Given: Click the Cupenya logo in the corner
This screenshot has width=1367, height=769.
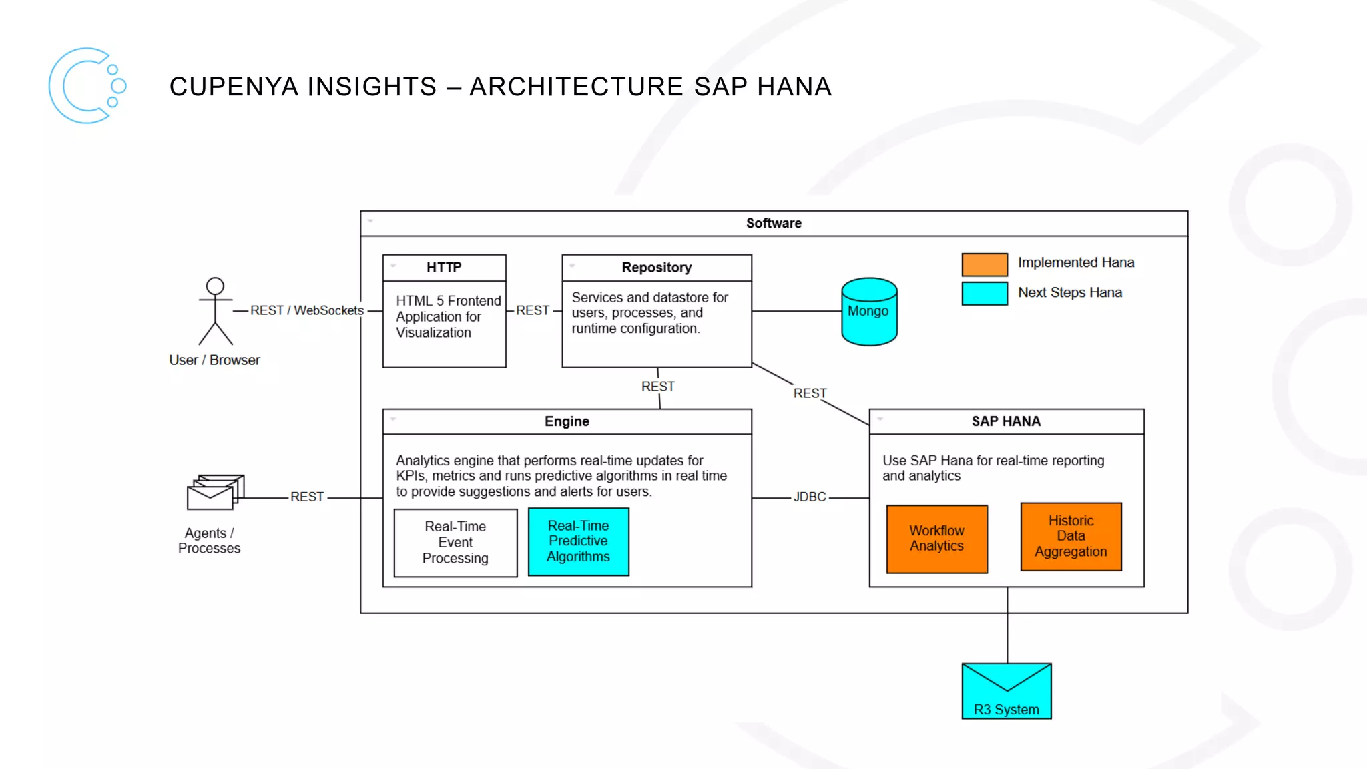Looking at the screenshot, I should click(x=87, y=85).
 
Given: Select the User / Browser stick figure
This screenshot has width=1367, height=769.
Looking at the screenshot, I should click(x=215, y=311).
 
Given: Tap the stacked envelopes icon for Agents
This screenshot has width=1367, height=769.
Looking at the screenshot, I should click(x=215, y=493).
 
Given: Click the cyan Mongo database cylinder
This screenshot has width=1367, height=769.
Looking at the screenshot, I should click(x=869, y=312).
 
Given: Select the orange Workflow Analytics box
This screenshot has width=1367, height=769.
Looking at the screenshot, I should click(x=936, y=539).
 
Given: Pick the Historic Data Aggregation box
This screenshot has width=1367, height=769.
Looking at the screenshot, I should click(x=1071, y=537).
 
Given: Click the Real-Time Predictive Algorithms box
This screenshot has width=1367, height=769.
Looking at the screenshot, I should click(x=578, y=541).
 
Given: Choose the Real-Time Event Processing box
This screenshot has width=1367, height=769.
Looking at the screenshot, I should click(x=455, y=543).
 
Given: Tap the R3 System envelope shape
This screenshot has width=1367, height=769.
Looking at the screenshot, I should click(x=1007, y=691).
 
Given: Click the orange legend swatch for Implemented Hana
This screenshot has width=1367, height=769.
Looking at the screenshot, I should click(x=985, y=264).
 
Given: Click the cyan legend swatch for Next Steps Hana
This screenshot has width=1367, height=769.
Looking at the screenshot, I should click(x=985, y=294).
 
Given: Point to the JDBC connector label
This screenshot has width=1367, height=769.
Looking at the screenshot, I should click(x=810, y=497).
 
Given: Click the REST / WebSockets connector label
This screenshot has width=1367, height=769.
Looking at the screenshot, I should click(x=307, y=310).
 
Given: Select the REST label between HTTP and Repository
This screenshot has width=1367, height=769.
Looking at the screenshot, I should click(x=533, y=310).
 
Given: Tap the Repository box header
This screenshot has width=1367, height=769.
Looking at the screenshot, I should click(x=657, y=268).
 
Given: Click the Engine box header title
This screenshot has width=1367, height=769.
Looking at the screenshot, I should click(x=567, y=421).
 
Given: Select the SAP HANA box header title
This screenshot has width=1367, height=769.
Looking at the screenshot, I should click(x=1006, y=421).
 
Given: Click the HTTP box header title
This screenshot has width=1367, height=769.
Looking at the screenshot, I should click(x=444, y=268).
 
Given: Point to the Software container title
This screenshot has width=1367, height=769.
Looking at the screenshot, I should click(x=774, y=224).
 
